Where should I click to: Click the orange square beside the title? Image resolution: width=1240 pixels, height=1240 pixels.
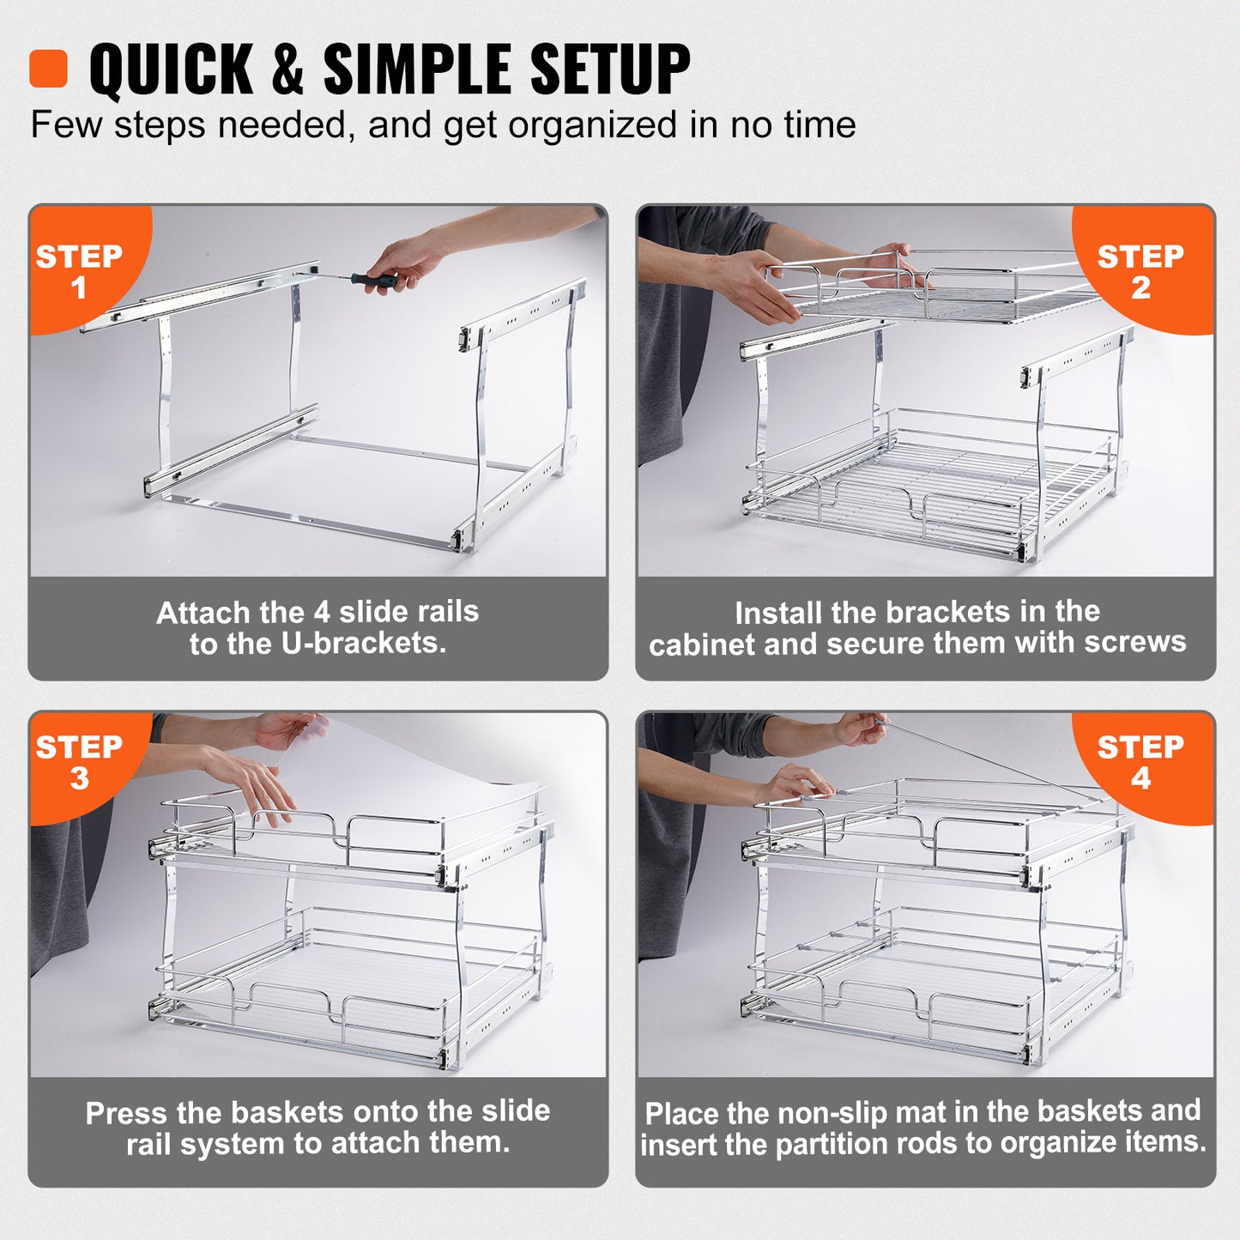tap(48, 69)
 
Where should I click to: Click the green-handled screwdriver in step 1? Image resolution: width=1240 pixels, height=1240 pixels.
tap(372, 279)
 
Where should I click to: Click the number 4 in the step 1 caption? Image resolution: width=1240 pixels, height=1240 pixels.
tap(322, 612)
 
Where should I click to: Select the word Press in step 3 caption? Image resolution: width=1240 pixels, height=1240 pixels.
tap(127, 1113)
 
